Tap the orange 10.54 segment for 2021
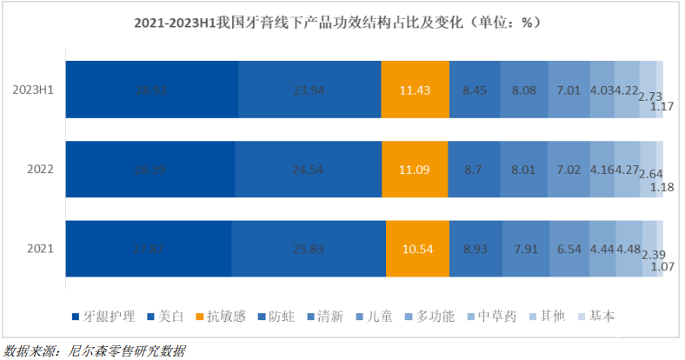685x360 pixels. tap(418, 248)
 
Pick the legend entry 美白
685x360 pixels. tap(166, 316)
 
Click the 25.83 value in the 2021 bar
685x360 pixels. tap(309, 248)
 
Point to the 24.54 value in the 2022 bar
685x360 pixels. tap(309, 168)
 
